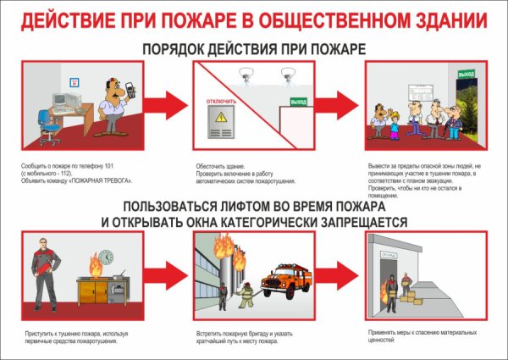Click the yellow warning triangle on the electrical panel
223,119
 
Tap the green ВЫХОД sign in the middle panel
298,102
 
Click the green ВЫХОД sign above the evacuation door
466,75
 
